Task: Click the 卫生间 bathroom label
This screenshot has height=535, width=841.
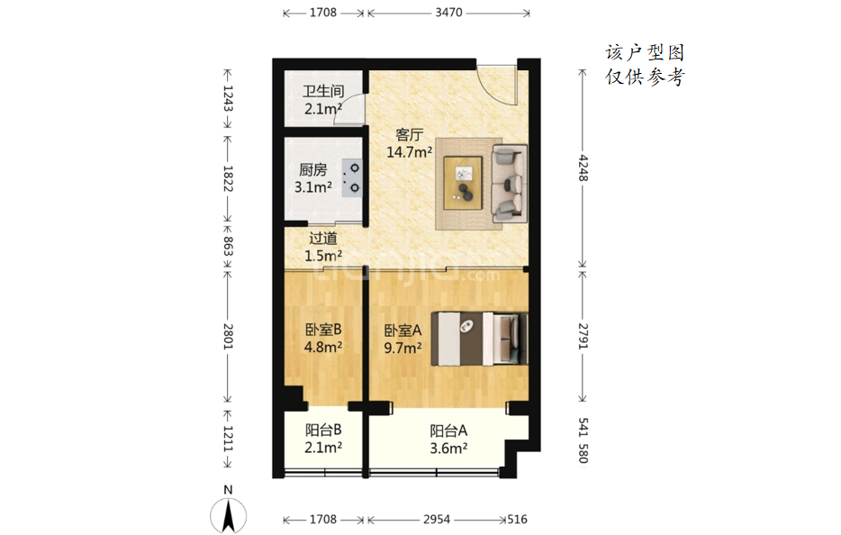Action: pos(323,91)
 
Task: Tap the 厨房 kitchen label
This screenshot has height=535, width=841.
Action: pos(312,170)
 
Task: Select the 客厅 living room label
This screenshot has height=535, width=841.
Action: pos(409,135)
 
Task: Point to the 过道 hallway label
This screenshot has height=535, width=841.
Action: pos(323,239)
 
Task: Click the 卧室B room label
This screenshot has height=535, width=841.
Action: pos(323,330)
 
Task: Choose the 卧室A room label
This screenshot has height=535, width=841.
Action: pos(402,331)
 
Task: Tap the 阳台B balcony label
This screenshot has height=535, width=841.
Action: pos(323,430)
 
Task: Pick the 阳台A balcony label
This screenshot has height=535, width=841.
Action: pos(448,431)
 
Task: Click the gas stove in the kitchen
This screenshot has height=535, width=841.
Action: pos(352,178)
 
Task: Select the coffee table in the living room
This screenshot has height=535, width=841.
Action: pos(463,183)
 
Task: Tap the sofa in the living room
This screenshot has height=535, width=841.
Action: pos(510,183)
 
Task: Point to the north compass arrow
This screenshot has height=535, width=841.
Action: pos(229,515)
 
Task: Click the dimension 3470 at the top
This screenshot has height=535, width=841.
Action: pos(449,13)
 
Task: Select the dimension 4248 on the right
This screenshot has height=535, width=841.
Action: pos(583,168)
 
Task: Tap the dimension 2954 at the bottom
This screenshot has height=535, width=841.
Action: pos(437,520)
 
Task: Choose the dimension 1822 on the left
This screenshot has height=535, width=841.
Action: pos(228,178)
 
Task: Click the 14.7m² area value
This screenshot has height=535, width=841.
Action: pos(409,152)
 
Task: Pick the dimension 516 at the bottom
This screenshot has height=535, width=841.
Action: pos(517,520)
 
